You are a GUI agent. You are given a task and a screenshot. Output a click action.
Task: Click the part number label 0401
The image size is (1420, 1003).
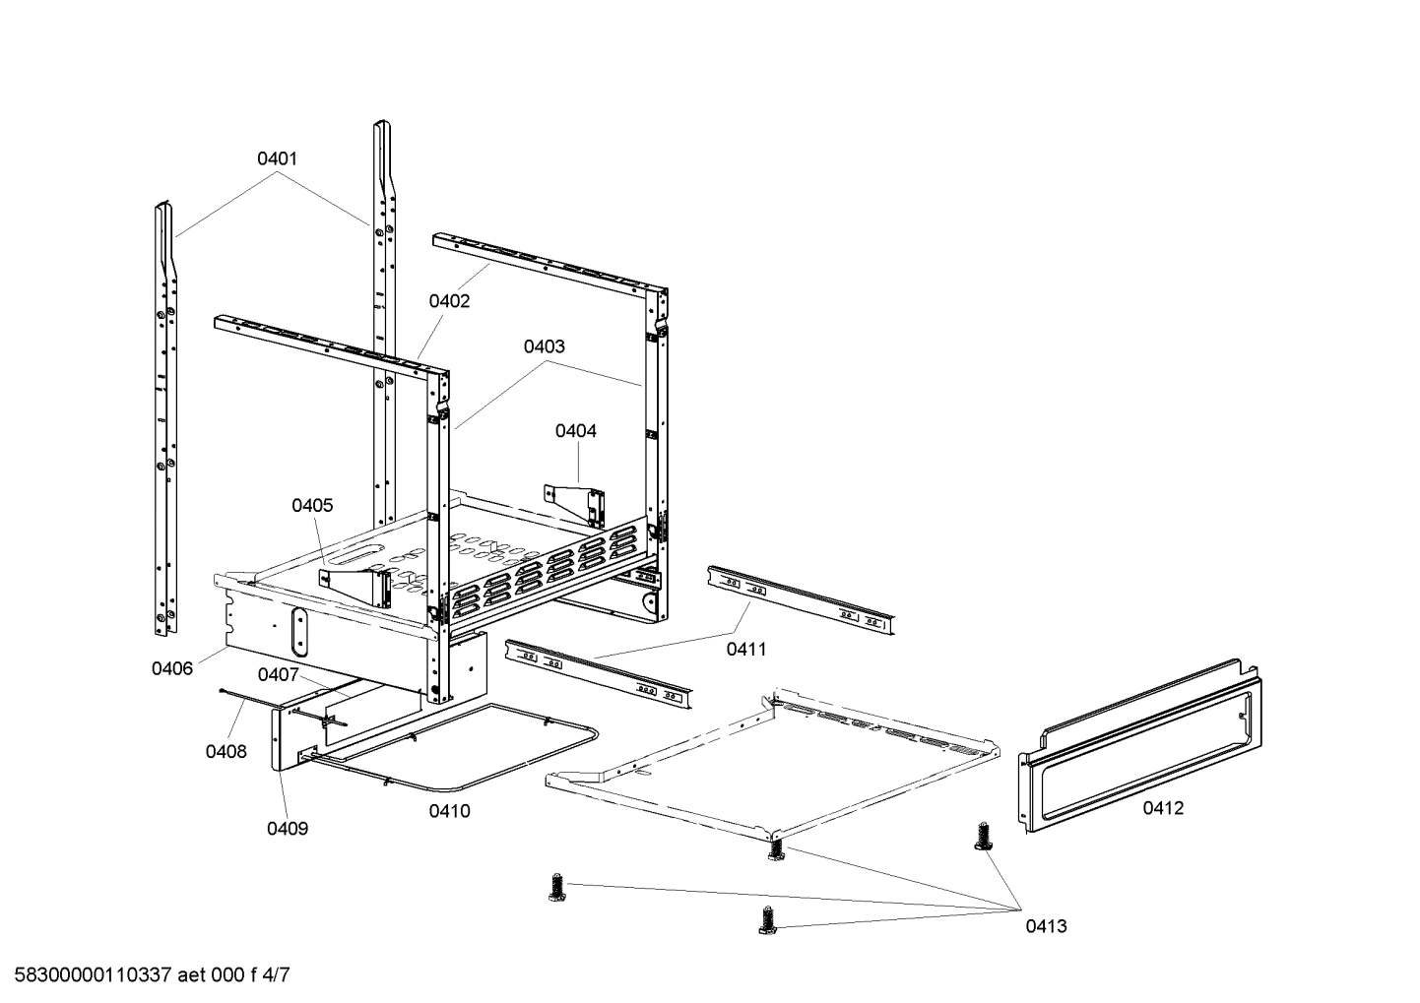point(277,158)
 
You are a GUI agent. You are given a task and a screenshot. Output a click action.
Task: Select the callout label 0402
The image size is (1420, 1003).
point(449,301)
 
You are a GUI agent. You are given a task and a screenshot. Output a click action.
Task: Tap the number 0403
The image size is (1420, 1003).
point(544,346)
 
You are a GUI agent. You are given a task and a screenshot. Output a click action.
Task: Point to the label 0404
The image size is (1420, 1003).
point(575,431)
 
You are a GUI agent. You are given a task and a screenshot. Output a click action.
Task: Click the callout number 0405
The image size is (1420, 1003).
point(312,506)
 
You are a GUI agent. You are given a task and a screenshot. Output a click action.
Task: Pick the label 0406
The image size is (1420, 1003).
point(171,669)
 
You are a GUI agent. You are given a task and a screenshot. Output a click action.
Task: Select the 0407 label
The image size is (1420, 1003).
point(278,675)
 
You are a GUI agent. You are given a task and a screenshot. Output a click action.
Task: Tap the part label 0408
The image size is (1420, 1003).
point(226,752)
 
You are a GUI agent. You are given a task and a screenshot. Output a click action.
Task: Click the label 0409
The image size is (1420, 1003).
point(288,829)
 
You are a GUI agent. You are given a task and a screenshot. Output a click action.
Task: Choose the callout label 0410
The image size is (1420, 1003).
point(449,812)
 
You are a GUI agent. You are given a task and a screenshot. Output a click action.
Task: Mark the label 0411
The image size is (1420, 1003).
point(746,650)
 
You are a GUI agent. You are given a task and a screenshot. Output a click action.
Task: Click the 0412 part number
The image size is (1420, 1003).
point(1163,809)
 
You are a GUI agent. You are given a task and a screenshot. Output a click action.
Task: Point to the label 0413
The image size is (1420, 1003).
point(1046,926)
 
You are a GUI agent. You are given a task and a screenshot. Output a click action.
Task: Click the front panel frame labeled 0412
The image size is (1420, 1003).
point(1142,748)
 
